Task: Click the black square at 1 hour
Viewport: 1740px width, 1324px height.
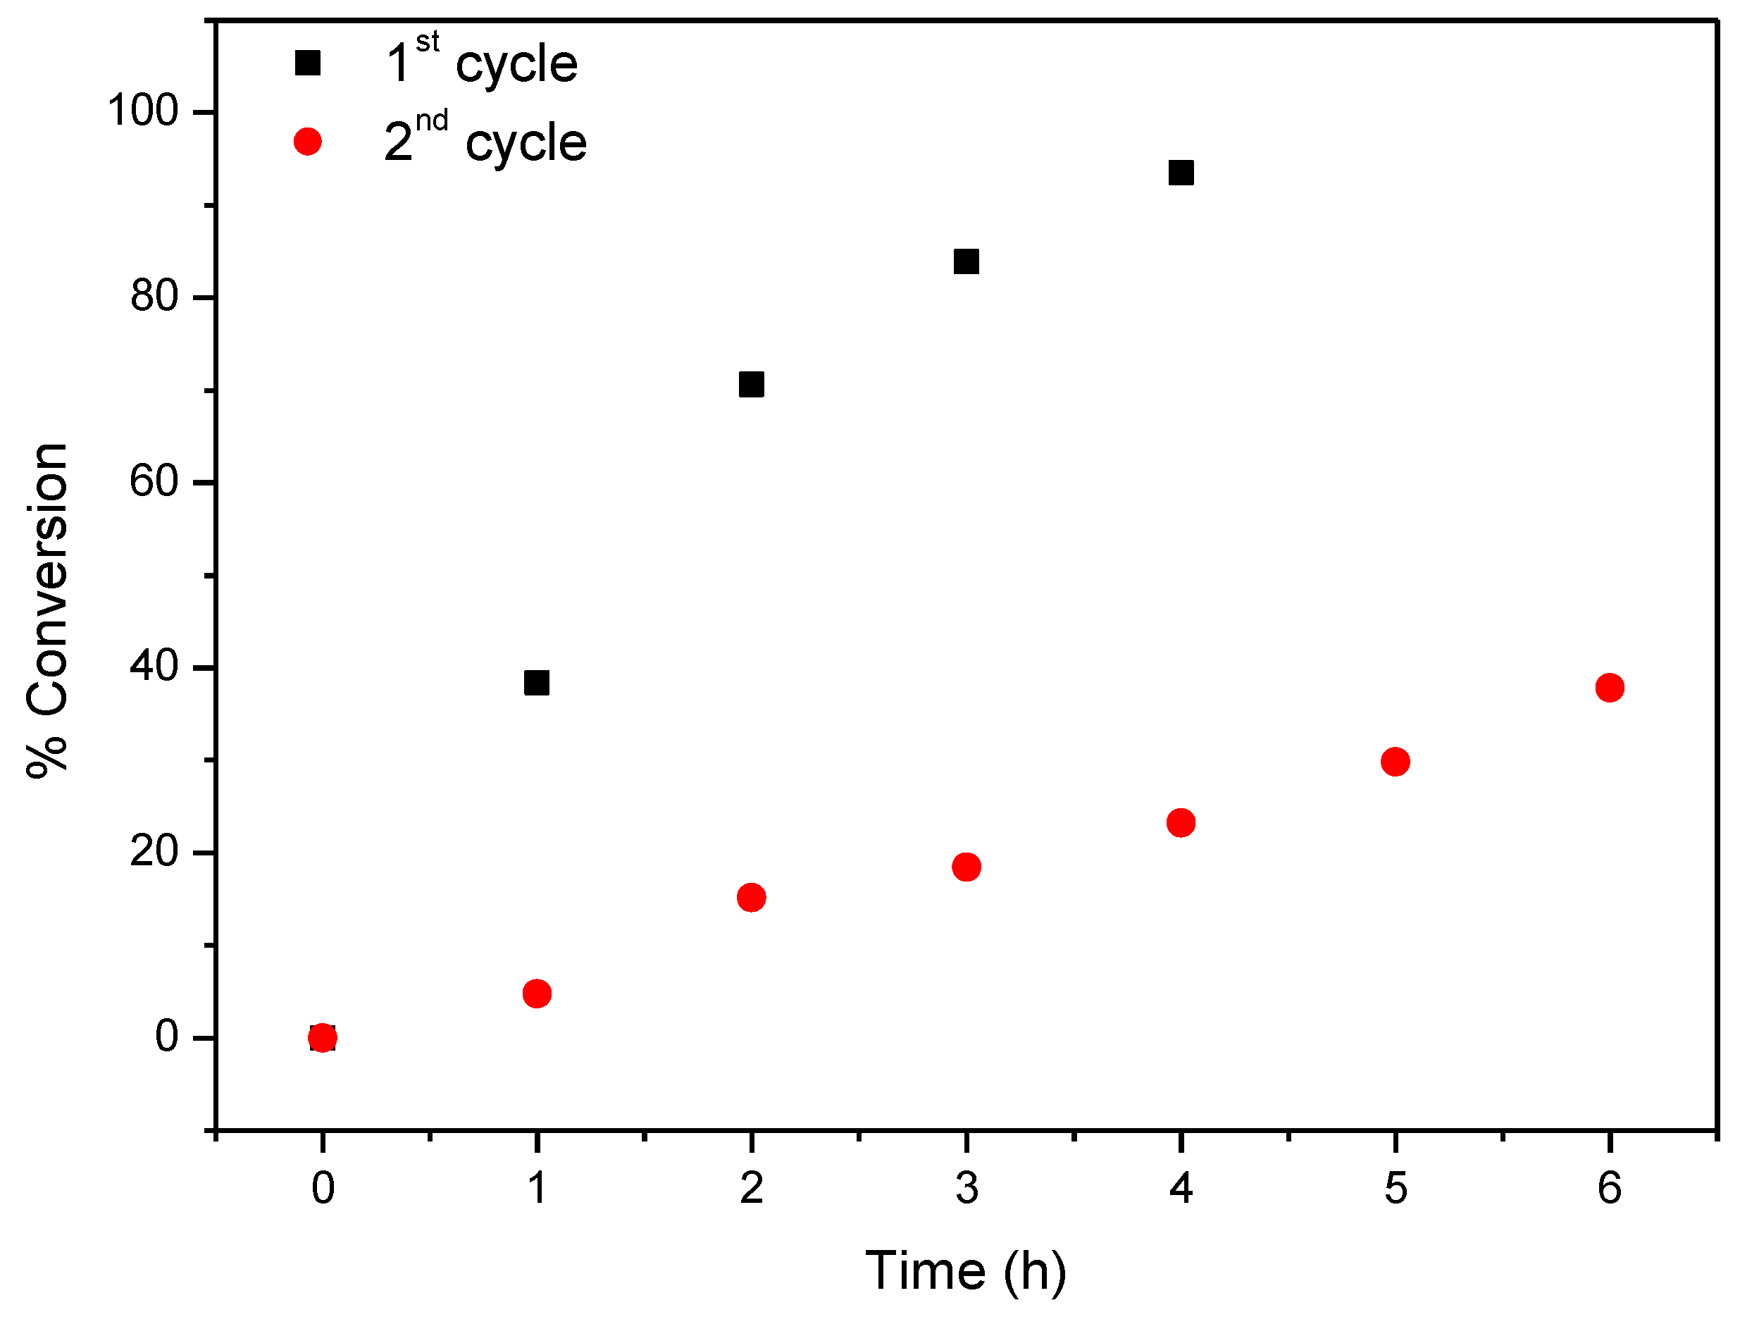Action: pyautogui.click(x=536, y=683)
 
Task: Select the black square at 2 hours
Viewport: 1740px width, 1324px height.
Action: pyautogui.click(x=752, y=385)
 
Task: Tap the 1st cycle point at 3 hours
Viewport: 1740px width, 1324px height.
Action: pyautogui.click(x=967, y=261)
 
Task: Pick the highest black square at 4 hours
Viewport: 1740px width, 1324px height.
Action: pyautogui.click(x=1181, y=173)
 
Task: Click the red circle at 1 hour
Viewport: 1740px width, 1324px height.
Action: pyautogui.click(x=536, y=994)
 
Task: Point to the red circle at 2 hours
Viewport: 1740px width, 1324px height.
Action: pyautogui.click(x=752, y=898)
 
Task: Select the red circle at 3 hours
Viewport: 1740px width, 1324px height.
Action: pyautogui.click(x=967, y=867)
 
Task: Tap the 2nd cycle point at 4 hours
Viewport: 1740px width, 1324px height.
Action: pyautogui.click(x=1181, y=823)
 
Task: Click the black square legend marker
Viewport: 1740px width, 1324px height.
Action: pyautogui.click(x=307, y=63)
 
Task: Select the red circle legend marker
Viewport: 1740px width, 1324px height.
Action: pyautogui.click(x=307, y=142)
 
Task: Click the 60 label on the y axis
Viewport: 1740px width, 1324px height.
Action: pyautogui.click(x=154, y=481)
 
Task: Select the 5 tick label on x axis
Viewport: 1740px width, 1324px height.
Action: pyautogui.click(x=1396, y=1189)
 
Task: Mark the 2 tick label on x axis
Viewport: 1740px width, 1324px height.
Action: pyautogui.click(x=752, y=1189)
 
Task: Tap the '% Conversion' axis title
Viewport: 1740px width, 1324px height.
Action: pyautogui.click(x=47, y=611)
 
